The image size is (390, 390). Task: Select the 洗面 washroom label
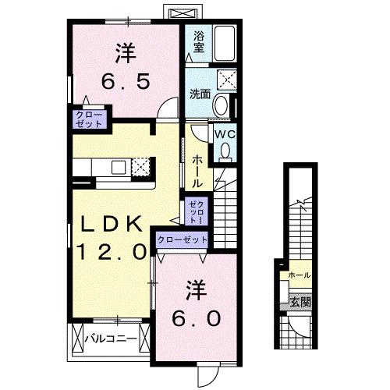[200, 94]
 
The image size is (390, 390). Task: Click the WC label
[225, 134]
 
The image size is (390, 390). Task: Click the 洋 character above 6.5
[124, 52]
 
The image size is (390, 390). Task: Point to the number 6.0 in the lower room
[196, 318]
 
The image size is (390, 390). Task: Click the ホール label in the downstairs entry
[299, 275]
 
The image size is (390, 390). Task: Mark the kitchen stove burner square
[140, 167]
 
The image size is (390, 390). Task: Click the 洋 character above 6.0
[196, 291]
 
